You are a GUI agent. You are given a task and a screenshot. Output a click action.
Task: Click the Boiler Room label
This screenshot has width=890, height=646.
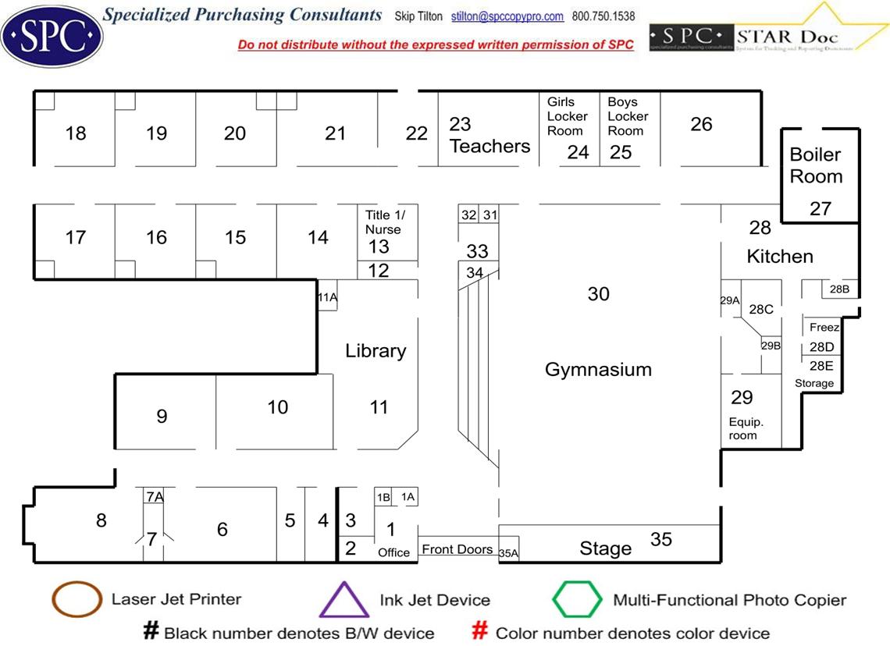[816, 165]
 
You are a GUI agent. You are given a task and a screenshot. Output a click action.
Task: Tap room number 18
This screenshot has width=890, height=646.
[76, 133]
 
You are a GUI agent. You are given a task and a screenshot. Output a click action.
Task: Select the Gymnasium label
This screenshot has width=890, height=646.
[598, 370]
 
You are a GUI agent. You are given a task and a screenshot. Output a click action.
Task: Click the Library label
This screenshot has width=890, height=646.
[376, 351]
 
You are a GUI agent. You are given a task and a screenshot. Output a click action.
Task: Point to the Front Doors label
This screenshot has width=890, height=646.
[457, 550]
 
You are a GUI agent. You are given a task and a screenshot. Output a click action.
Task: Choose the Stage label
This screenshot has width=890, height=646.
[605, 549]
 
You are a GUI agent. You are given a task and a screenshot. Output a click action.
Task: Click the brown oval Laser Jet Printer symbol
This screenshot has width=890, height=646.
[77, 599]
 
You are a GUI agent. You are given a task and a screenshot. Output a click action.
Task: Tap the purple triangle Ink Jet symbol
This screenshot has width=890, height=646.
[344, 600]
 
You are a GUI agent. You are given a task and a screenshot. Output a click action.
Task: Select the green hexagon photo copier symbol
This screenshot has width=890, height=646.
[577, 600]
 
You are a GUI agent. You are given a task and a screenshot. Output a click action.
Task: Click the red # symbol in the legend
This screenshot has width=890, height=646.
[482, 631]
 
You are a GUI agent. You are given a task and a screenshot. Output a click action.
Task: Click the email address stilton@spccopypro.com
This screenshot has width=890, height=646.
[507, 16]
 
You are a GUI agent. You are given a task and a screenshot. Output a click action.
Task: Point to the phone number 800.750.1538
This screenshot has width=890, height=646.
[603, 16]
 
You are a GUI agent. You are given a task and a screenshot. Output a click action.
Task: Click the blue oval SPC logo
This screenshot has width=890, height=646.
[52, 34]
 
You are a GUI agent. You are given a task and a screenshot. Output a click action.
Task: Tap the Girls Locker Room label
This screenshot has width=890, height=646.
[566, 116]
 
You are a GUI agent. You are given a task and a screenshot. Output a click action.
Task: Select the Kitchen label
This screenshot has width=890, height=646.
[780, 257]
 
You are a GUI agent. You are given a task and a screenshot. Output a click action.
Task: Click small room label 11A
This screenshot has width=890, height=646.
[327, 297]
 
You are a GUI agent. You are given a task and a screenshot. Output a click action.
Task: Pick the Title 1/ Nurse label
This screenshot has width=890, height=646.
[385, 222]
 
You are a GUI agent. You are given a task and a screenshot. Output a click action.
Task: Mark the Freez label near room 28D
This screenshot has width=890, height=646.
[824, 328]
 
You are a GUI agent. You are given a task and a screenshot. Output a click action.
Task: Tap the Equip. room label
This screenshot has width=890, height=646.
[745, 428]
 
